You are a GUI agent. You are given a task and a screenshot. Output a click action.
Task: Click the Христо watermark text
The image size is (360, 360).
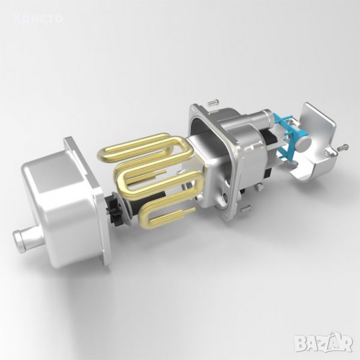(38, 18)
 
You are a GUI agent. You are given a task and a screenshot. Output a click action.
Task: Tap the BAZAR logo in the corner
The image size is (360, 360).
(324, 342)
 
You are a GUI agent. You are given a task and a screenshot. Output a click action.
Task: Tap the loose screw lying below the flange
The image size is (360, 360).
(246, 208)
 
